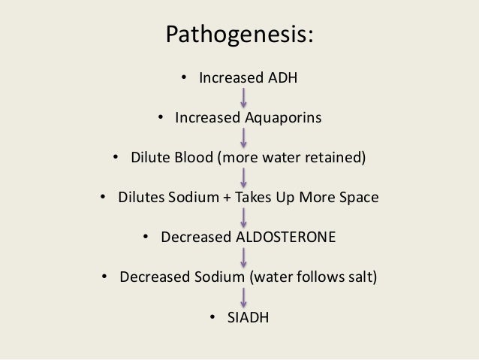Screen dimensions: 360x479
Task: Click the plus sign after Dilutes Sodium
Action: pyautogui.click(x=227, y=198)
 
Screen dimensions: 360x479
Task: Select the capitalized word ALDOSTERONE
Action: pyautogui.click(x=285, y=237)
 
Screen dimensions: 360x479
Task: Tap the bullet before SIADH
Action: pyautogui.click(x=214, y=317)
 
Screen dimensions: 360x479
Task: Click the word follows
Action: pyautogui.click(x=315, y=277)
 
